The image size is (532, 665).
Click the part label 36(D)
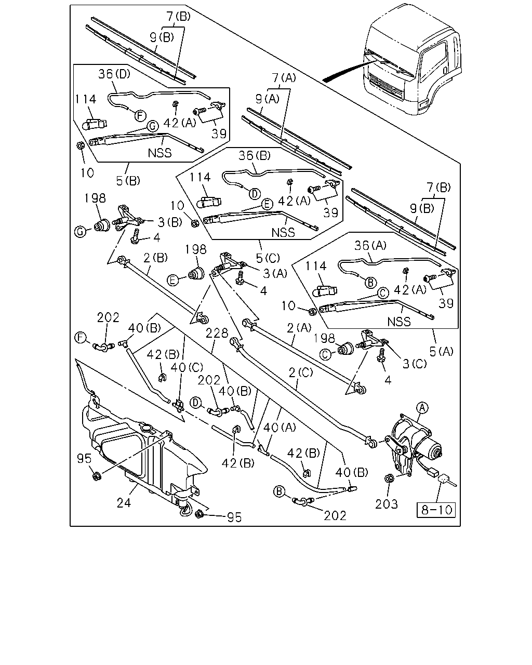(114, 74)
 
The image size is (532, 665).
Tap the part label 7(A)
(284, 78)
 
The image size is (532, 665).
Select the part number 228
(217, 333)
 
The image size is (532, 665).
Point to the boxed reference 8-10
(436, 510)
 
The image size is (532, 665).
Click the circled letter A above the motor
(422, 408)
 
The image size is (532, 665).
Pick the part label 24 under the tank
(124, 503)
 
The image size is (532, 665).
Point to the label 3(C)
(414, 364)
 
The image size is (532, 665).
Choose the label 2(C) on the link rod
(301, 373)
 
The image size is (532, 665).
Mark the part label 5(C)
(268, 258)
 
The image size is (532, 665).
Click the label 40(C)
(187, 367)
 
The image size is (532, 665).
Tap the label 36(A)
(370, 246)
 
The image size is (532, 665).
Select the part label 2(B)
(156, 258)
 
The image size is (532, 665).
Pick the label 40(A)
(280, 428)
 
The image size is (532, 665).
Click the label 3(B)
(170, 222)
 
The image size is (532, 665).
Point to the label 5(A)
(442, 351)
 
